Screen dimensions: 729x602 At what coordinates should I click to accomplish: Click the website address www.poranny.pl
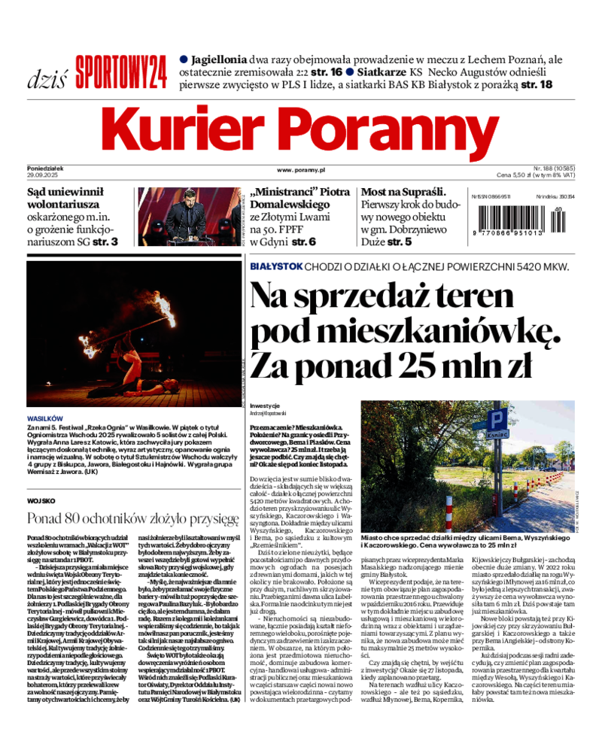click(x=300, y=171)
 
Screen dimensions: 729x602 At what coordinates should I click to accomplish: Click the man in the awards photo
click(x=186, y=214)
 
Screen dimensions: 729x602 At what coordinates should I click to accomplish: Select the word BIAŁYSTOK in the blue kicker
click(x=276, y=266)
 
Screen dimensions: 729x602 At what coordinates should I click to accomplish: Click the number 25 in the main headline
click(x=425, y=365)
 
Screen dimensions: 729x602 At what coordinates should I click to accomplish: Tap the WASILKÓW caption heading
click(x=45, y=418)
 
